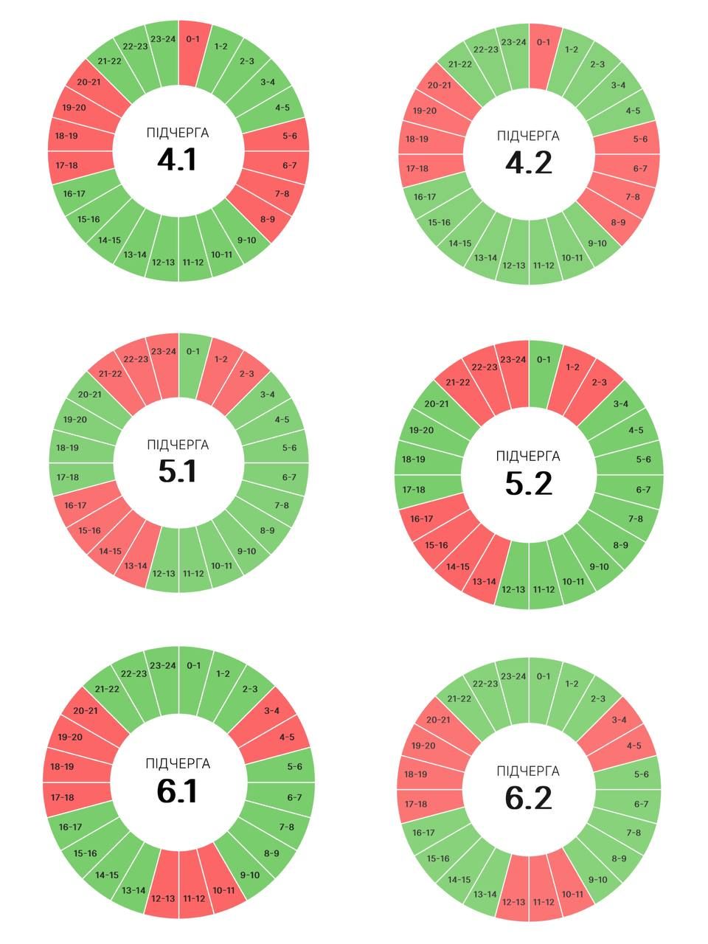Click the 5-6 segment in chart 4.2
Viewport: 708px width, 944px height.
pyautogui.click(x=639, y=139)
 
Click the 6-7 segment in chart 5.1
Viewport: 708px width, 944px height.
pyautogui.click(x=288, y=477)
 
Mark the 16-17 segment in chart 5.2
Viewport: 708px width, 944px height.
pyautogui.click(x=423, y=519)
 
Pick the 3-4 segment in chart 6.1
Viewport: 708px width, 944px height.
pyautogui.click(x=271, y=712)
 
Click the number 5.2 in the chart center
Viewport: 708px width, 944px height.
pyautogui.click(x=528, y=483)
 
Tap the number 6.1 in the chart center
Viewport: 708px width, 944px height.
pyautogui.click(x=177, y=791)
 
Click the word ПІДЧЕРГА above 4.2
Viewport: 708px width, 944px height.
pyautogui.click(x=528, y=136)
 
